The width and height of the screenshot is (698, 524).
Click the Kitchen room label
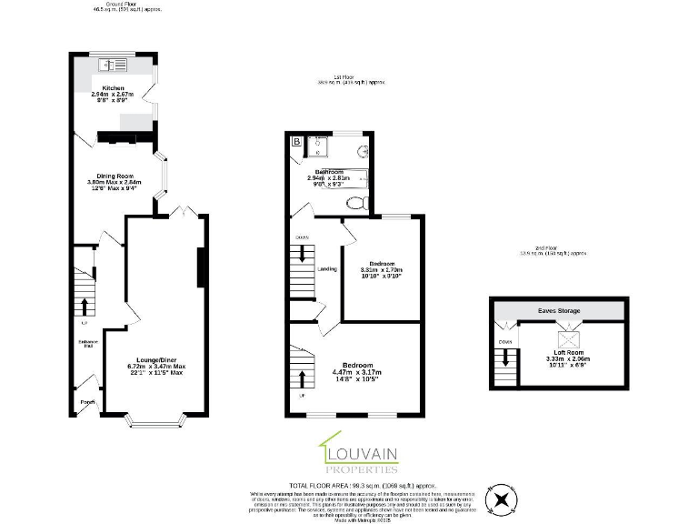[113, 87]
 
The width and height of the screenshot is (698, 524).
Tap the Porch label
[87, 401]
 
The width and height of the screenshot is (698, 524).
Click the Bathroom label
[328, 171]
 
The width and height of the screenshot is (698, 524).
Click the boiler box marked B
[296, 141]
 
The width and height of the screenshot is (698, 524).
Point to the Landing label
[327, 268]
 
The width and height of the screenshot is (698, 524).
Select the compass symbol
[500, 499]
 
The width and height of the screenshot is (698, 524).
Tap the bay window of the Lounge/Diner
[155, 421]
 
